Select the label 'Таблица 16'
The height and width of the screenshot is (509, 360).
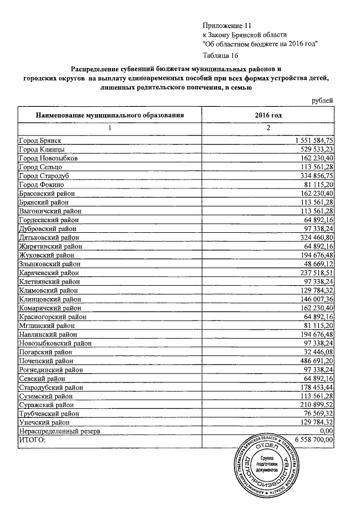tap(220, 55)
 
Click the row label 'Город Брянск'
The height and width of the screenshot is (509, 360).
tap(39, 141)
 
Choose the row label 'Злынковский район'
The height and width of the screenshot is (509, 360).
tap(49, 263)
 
